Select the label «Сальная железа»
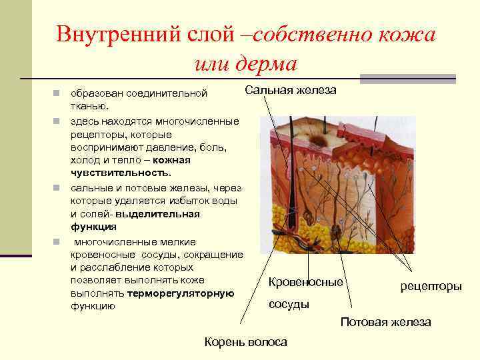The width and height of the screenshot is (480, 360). pyautogui.click(x=291, y=90)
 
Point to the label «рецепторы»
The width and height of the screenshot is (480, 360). pyautogui.click(x=431, y=286)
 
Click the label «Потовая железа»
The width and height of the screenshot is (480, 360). pyautogui.click(x=386, y=322)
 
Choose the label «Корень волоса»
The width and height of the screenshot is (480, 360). pyautogui.click(x=247, y=342)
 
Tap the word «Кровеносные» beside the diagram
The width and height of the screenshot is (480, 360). pyautogui.click(x=305, y=282)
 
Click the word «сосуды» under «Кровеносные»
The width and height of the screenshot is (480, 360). pyautogui.click(x=289, y=304)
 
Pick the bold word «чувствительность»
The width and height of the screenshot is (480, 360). pyautogui.click(x=120, y=172)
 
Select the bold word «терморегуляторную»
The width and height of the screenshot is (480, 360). pyautogui.click(x=181, y=293)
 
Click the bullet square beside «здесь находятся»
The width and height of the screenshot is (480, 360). pyautogui.click(x=58, y=121)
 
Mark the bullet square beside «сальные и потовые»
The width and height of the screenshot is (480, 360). pyautogui.click(x=58, y=188)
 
